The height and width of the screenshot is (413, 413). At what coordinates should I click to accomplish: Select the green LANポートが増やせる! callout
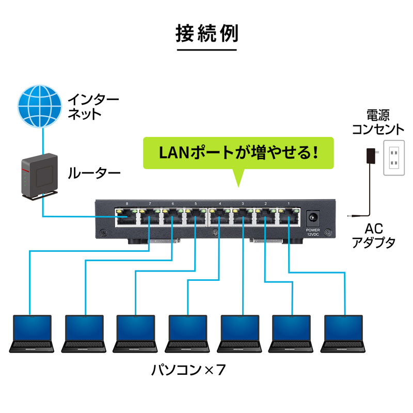238,153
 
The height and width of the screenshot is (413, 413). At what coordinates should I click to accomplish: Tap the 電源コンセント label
378,122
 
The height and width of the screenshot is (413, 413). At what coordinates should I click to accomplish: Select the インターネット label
93,106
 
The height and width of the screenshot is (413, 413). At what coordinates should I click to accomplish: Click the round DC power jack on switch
313,218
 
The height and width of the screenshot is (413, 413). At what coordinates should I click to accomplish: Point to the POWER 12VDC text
313,232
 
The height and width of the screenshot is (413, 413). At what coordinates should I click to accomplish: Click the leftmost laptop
32,333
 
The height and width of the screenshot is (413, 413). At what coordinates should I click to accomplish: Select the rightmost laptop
344,333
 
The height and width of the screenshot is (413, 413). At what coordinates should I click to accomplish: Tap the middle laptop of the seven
188,333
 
